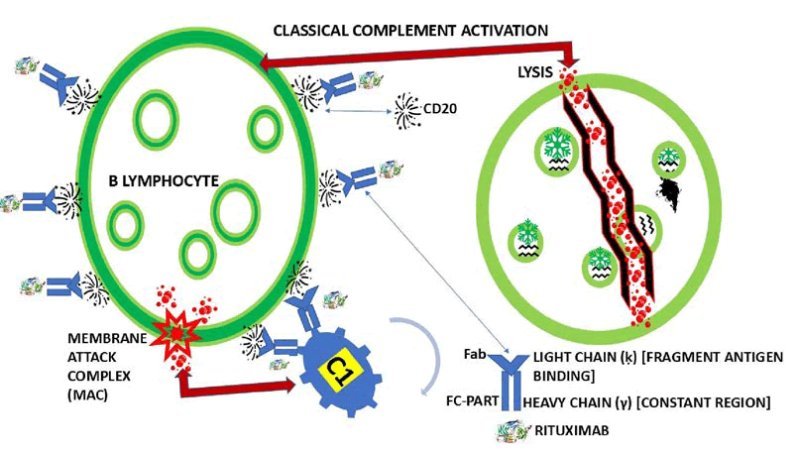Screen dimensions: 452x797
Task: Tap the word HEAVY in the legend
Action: coord(548,402)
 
